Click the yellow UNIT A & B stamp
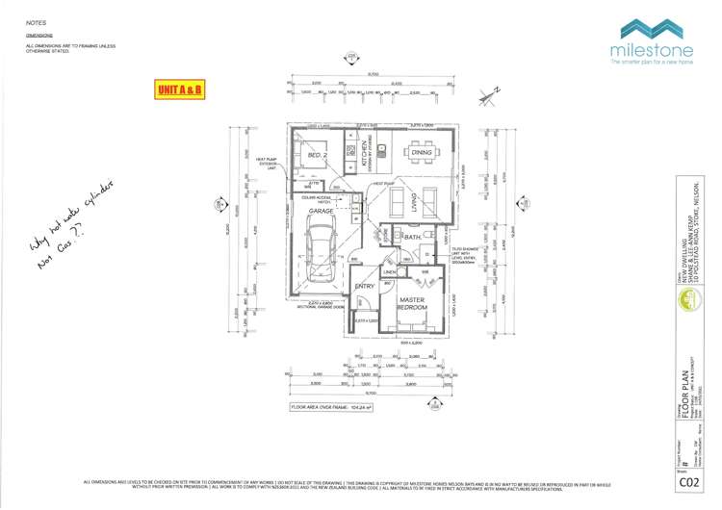pyautogui.click(x=179, y=89)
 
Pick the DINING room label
pyautogui.click(x=421, y=152)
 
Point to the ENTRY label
pyautogui.click(x=364, y=286)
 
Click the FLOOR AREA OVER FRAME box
pyautogui.click(x=333, y=407)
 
